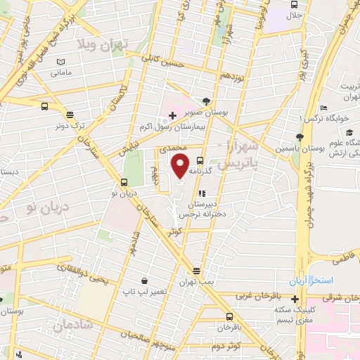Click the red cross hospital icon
point(172,114)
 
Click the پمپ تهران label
point(196,281)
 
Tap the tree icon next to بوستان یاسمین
point(300,137)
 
